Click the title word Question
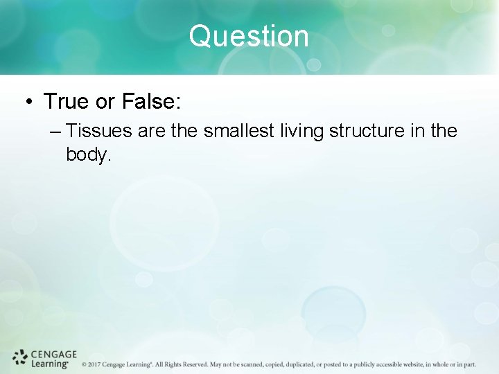tap(249, 36)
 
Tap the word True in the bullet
tap(67, 102)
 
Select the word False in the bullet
tap(151, 102)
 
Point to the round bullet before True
tap(29, 103)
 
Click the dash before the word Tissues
tap(58, 131)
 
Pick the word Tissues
tap(101, 131)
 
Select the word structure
tap(371, 131)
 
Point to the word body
tap(88, 154)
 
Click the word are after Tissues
tap(152, 131)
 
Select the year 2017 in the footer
tap(94, 364)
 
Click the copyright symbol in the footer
tap(84, 364)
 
